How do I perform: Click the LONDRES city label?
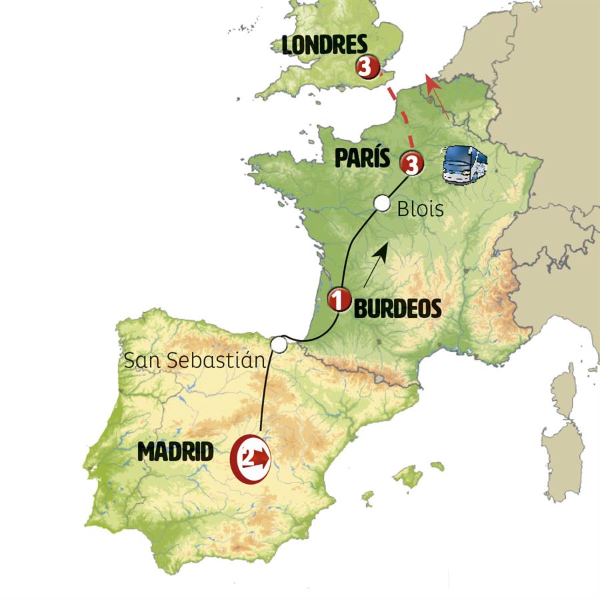(x=324, y=45)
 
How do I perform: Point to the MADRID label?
(x=175, y=453)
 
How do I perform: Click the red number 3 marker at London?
(x=367, y=67)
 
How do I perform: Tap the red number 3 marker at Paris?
(x=411, y=163)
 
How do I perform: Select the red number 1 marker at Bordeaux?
(x=339, y=300)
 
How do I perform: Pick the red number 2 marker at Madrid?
(x=251, y=458)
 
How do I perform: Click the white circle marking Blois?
(x=382, y=203)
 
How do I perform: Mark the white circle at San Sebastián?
(x=279, y=344)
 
